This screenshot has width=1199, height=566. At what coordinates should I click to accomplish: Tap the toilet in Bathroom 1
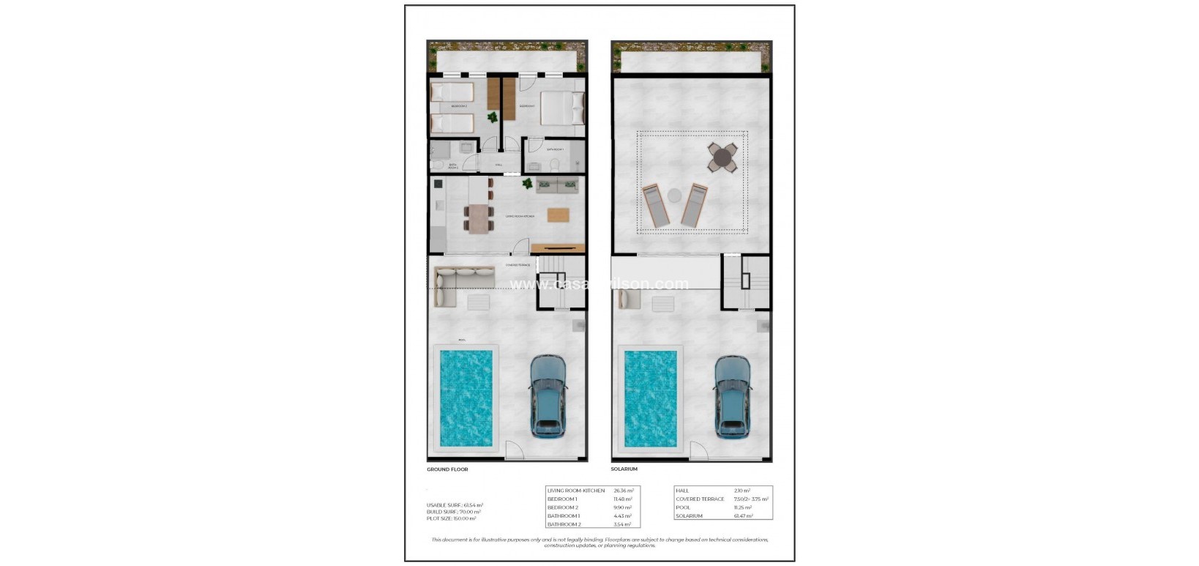coord(555,165)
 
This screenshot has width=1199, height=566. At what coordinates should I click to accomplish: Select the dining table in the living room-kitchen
coord(478,219)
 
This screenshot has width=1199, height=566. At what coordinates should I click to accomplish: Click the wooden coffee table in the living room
coord(557,215)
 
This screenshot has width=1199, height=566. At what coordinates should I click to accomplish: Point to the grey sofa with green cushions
coord(558,185)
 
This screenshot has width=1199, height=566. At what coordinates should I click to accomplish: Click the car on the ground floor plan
coord(548,395)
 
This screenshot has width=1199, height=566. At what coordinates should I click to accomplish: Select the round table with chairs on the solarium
coord(722,157)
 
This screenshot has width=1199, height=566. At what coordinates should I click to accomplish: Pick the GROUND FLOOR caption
coord(447,469)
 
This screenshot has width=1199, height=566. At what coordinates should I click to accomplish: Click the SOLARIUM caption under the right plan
coord(624,469)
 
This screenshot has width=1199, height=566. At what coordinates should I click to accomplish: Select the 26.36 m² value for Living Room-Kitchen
coord(623,491)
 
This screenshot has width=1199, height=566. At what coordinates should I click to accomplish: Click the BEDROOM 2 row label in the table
coord(563,507)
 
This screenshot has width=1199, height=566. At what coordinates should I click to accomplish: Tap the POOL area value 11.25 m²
coord(742,507)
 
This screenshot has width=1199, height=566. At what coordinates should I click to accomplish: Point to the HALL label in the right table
coord(682,491)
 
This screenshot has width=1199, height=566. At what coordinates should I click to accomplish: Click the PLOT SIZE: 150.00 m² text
coord(451,518)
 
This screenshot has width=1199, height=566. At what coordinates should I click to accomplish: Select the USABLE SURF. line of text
coord(455,505)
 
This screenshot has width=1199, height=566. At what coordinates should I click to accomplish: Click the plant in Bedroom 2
coord(493,116)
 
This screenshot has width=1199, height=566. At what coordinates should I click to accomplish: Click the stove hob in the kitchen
coord(438,184)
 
